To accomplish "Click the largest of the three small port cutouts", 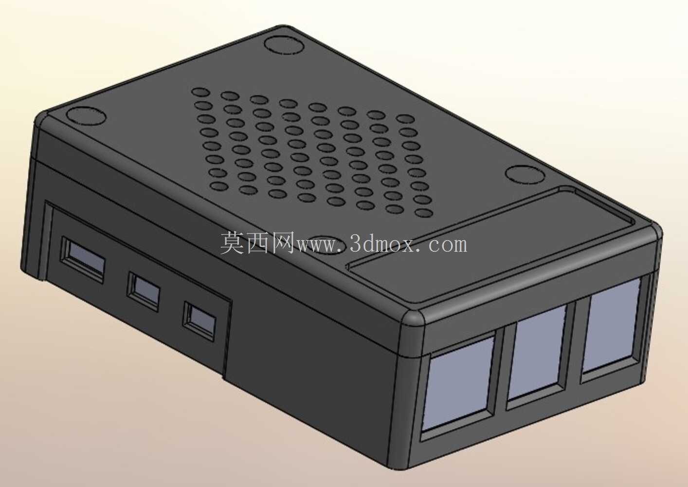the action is (83, 259).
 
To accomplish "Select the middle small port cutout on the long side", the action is (144, 291).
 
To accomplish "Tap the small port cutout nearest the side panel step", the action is (199, 321).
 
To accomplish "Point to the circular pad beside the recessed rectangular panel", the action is (525, 175).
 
